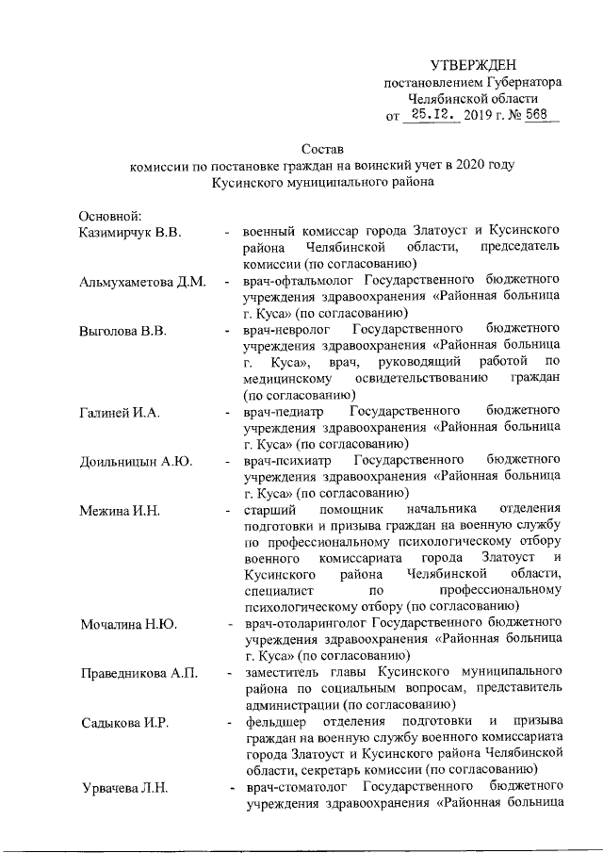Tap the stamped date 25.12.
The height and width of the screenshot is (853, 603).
click(x=431, y=115)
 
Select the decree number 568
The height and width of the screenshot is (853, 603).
click(x=537, y=115)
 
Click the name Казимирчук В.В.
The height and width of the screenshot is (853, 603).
click(x=131, y=231)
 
